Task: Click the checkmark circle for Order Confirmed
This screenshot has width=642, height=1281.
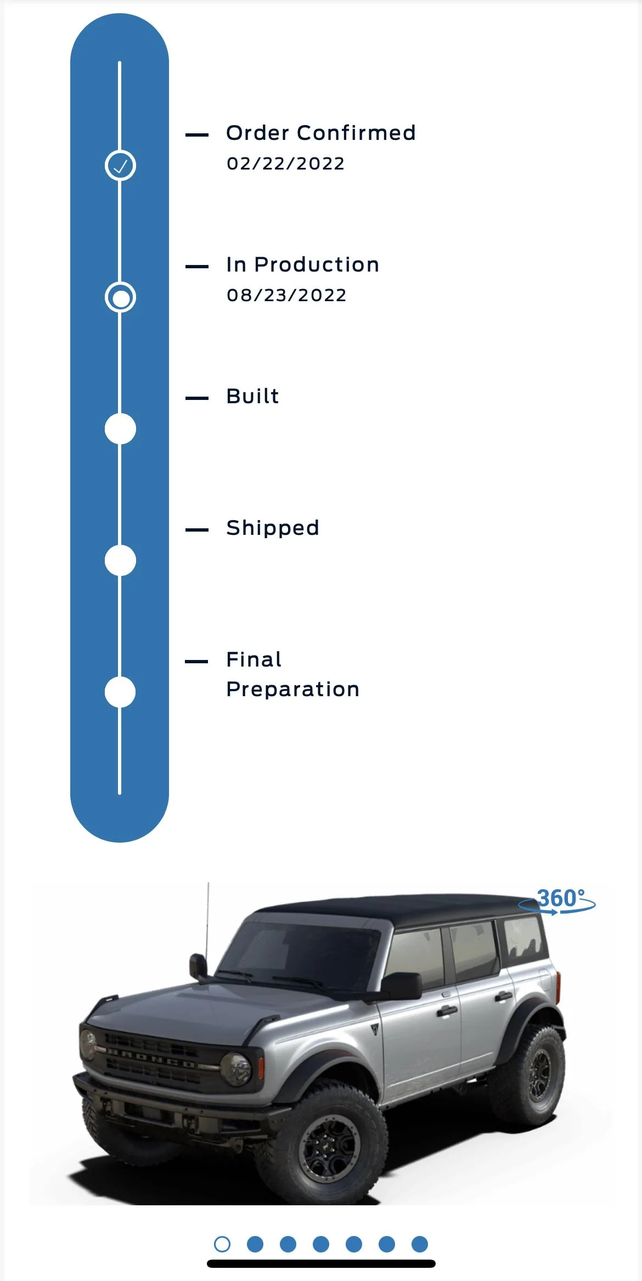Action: pos(120,165)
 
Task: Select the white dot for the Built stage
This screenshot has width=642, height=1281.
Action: pos(120,429)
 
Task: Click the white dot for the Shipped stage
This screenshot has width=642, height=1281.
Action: pos(120,561)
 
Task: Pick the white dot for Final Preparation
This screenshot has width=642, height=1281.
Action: pos(120,692)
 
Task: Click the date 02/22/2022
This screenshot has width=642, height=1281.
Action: pos(285,163)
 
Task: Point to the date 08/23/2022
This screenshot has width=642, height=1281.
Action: pos(286,295)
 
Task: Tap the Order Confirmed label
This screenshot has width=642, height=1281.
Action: pos(321,133)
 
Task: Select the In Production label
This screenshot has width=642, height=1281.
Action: pos(303,264)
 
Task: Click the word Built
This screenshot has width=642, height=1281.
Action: pos(252,396)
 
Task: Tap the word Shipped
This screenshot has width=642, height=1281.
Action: pos(273,528)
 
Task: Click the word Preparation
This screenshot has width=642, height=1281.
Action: pos(293,690)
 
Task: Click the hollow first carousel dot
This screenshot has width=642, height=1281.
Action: pos(222,1244)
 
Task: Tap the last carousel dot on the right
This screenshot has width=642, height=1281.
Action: pos(420,1244)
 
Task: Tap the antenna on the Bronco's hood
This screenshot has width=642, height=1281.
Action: pos(207,927)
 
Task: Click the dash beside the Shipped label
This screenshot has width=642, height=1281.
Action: pos(197,530)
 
